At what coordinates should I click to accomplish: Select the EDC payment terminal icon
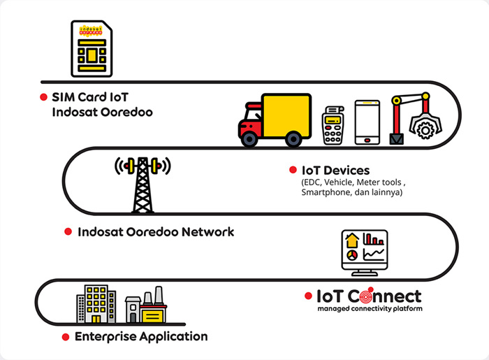[335, 126]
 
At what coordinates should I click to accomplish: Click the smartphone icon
[367, 122]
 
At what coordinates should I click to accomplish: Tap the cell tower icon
[143, 184]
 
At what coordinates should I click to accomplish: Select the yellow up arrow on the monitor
[351, 240]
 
